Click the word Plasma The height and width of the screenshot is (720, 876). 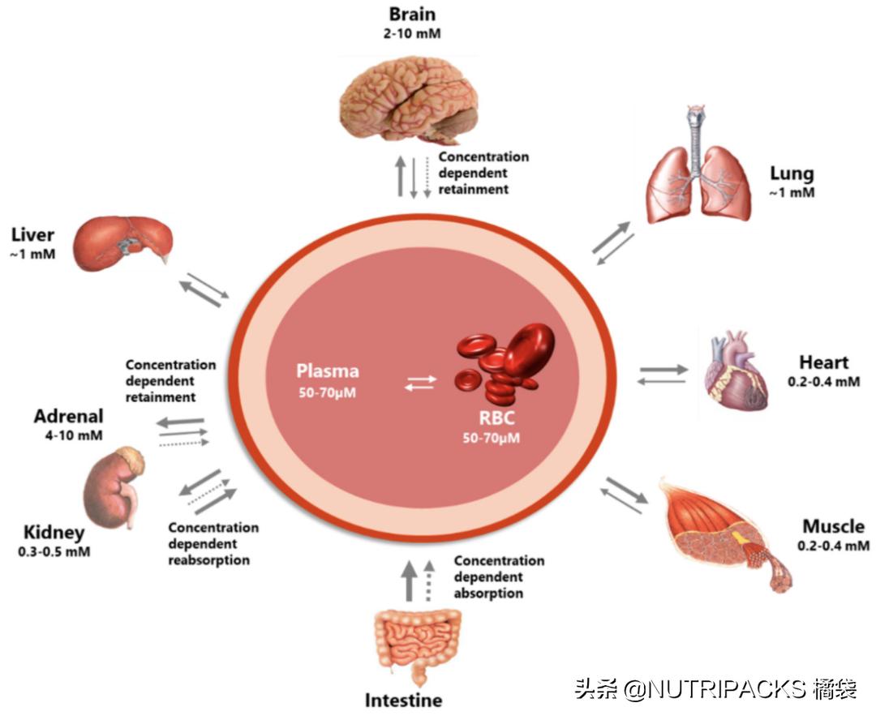coord(327,372)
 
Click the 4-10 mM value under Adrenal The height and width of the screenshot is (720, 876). coord(69,435)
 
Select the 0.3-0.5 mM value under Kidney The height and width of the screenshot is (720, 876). coord(54,552)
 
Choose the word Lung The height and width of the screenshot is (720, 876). coord(792,174)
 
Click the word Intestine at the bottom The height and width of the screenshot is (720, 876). coord(403,701)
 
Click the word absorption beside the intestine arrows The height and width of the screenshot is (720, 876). coord(488,593)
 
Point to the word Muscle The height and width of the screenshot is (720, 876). coord(833,527)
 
